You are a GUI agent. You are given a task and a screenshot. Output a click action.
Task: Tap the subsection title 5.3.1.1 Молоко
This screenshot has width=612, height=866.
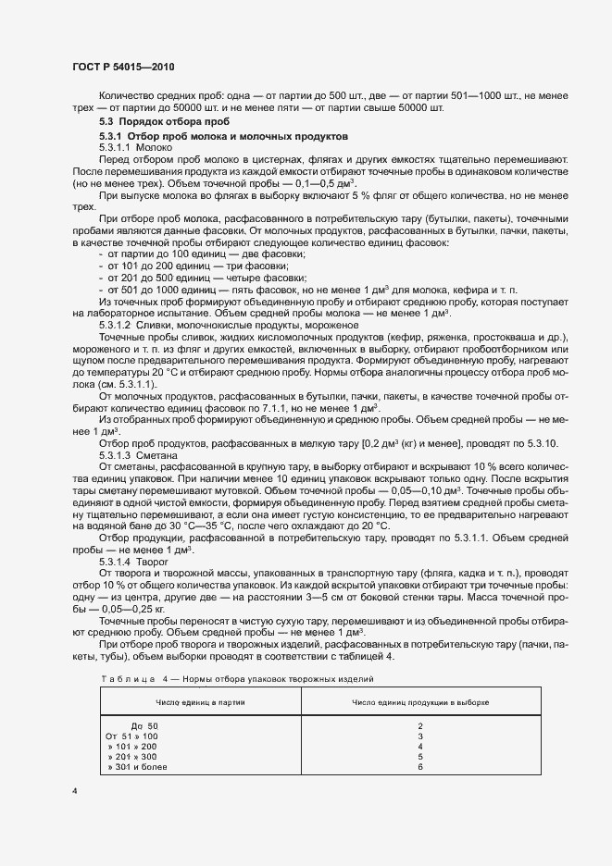click(136, 148)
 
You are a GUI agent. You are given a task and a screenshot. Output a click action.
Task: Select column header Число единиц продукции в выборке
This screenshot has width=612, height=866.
click(419, 703)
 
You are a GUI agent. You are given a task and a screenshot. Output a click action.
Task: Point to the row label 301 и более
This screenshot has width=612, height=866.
click(137, 768)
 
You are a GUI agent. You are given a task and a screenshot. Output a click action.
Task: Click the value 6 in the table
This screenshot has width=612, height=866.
click(419, 768)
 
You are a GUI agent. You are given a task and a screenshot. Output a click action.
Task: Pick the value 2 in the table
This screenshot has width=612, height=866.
click(419, 725)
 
